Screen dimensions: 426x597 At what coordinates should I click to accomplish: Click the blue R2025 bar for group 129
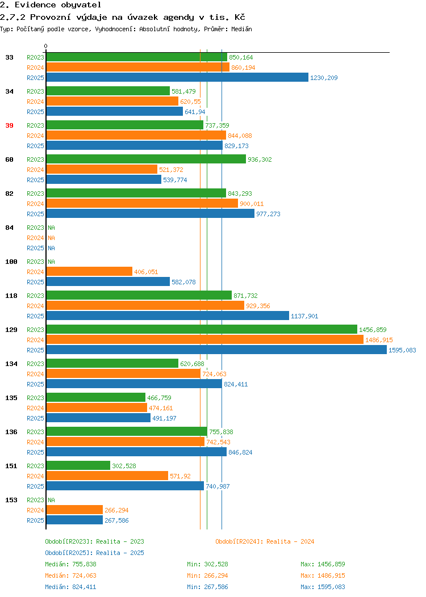pyautogui.click(x=216, y=350)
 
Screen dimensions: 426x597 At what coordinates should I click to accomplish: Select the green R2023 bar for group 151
pyautogui.click(x=78, y=466)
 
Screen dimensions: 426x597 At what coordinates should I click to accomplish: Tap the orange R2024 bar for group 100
pyautogui.click(x=89, y=271)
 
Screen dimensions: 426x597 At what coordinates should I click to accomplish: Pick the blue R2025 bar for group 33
pyautogui.click(x=177, y=77)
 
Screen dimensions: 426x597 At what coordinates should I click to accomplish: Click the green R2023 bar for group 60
pyautogui.click(x=146, y=159)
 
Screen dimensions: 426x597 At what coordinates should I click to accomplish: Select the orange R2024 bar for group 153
pyautogui.click(x=74, y=510)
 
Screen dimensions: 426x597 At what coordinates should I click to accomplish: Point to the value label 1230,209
pyautogui.click(x=324, y=78)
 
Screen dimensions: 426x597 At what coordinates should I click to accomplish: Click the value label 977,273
pyautogui.click(x=268, y=214)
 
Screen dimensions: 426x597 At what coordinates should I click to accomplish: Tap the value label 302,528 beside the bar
pyautogui.click(x=124, y=466)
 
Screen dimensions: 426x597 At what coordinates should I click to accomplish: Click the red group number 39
pyautogui.click(x=10, y=125)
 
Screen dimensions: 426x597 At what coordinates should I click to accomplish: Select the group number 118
pyautogui.click(x=11, y=296)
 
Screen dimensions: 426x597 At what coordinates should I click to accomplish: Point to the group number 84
pyautogui.click(x=10, y=228)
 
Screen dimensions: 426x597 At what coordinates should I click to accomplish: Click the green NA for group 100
pyautogui.click(x=52, y=262)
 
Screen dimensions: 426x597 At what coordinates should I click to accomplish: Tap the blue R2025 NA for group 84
pyautogui.click(x=52, y=248)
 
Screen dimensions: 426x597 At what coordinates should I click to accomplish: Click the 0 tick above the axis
pyautogui.click(x=46, y=46)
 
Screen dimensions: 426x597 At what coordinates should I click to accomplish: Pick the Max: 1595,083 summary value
pyautogui.click(x=323, y=587)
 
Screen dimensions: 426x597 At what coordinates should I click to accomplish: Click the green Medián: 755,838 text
pyautogui.click(x=70, y=564)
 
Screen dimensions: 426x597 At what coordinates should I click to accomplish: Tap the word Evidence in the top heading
pyautogui.click(x=35, y=5)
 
